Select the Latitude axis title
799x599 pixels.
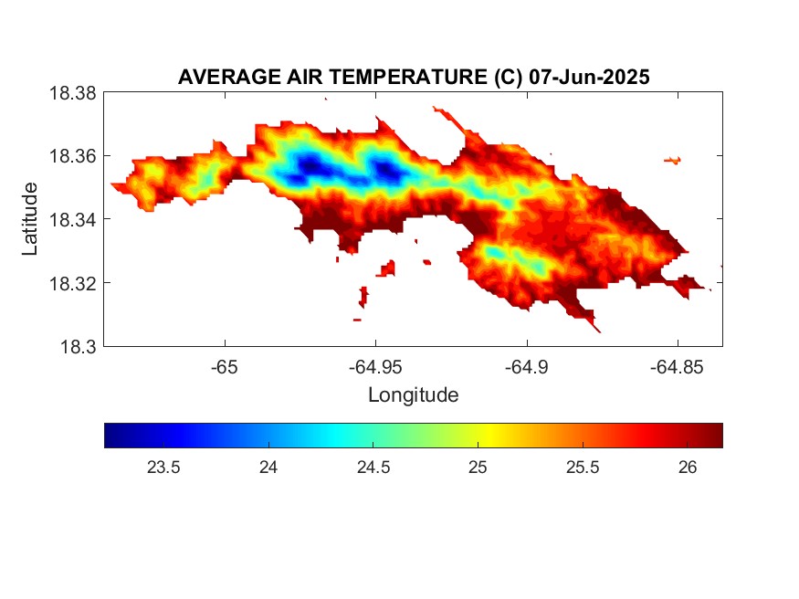click(x=30, y=219)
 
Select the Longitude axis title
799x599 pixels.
click(x=413, y=395)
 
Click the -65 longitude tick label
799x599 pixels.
click(x=225, y=367)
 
